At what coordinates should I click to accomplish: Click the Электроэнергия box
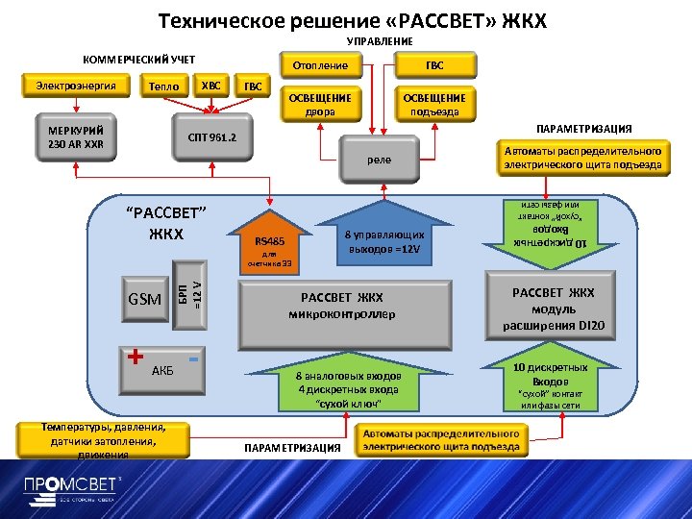point(76,86)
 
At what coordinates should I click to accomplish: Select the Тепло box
point(164,86)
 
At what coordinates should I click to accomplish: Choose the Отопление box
point(321,65)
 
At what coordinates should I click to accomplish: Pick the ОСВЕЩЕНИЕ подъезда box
point(433,104)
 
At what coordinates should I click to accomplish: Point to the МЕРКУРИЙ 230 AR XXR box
point(76,138)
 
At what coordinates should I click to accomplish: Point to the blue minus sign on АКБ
point(193,358)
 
